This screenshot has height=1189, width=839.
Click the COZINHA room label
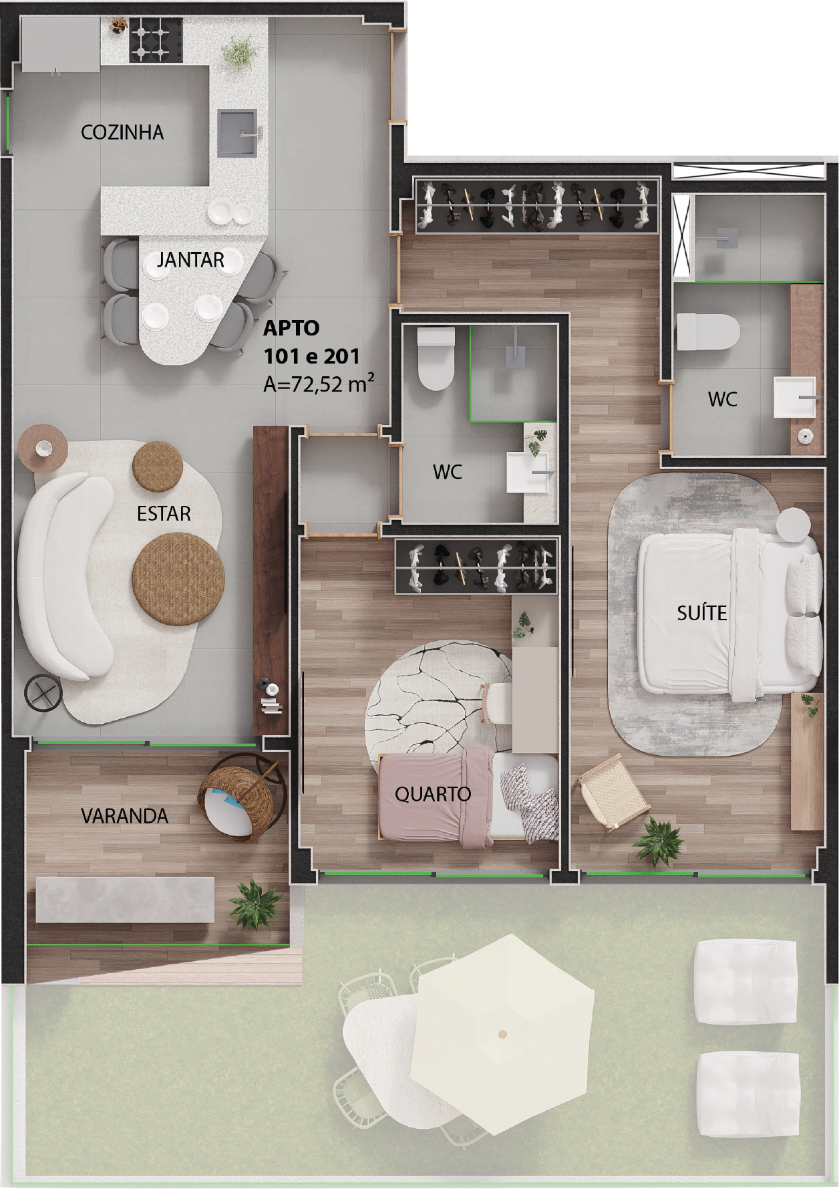[x=122, y=132]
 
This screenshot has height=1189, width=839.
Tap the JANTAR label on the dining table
[x=190, y=259]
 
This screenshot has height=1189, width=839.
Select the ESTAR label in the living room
[x=164, y=513]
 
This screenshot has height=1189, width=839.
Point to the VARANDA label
[x=124, y=815]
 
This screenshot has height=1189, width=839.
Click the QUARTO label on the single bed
[x=433, y=794]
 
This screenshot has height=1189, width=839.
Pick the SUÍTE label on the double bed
[x=701, y=612]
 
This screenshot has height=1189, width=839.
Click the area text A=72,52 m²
[x=318, y=384]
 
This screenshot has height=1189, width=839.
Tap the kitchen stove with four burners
[x=156, y=39]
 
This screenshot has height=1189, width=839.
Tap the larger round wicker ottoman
[x=178, y=579]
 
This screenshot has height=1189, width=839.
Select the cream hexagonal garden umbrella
[x=502, y=1034]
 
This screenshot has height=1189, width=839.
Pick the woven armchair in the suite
[x=613, y=792]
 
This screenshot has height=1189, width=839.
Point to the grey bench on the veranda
[x=125, y=900]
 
